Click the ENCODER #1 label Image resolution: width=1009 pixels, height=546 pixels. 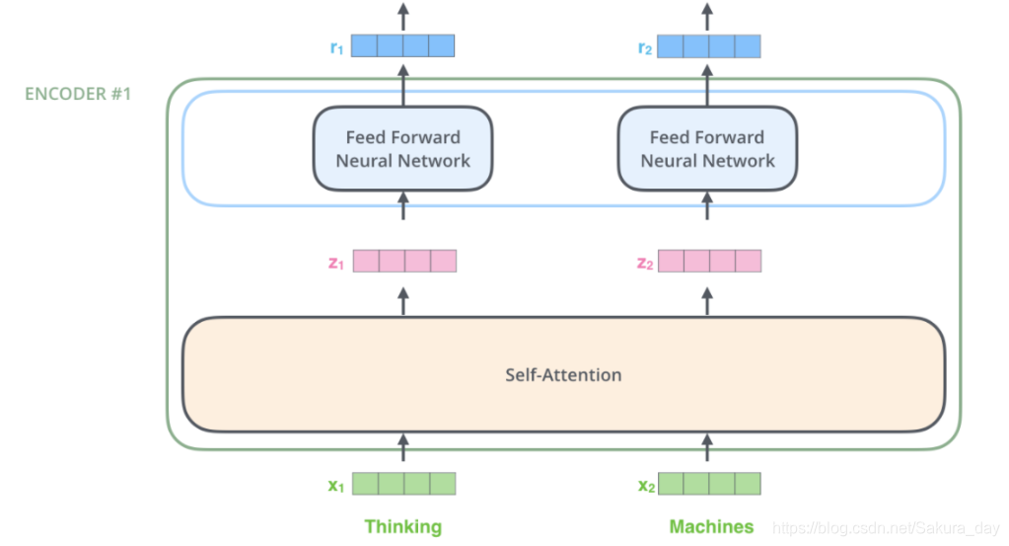[78, 94]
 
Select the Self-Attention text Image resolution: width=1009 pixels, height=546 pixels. [563, 375]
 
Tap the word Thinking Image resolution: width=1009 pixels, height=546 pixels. [403, 526]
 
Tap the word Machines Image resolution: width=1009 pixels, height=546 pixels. [711, 526]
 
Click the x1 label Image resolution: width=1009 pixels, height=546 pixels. [336, 486]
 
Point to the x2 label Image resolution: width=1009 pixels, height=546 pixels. [646, 486]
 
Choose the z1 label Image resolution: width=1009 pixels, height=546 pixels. [336, 263]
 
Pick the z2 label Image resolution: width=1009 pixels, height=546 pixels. [645, 263]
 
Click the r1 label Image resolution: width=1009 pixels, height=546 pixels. [336, 47]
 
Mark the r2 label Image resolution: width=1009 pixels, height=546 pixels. [645, 47]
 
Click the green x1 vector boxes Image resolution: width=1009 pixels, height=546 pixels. [404, 484]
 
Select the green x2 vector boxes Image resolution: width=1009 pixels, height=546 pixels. [709, 484]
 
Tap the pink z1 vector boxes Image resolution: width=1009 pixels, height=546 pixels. [404, 261]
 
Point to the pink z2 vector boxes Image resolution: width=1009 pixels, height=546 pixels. [710, 261]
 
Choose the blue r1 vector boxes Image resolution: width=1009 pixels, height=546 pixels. [402, 45]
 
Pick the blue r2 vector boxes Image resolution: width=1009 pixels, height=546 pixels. [708, 46]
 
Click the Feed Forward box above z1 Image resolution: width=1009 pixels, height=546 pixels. [402, 149]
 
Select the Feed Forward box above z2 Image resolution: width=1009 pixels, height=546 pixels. [707, 149]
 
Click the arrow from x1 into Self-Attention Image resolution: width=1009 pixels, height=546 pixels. [403, 447]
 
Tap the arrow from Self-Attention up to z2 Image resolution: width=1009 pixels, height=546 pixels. [707, 301]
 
